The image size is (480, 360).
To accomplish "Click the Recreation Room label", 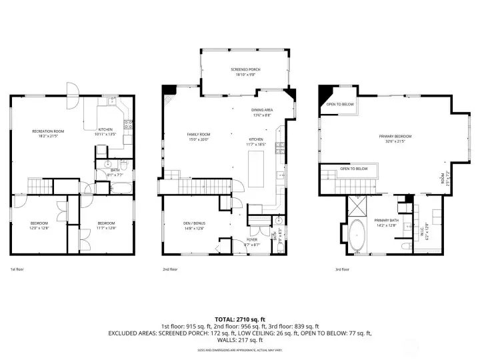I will (47, 131).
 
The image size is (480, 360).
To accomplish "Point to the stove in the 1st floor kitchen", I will (128, 124).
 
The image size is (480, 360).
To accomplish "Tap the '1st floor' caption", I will (17, 269).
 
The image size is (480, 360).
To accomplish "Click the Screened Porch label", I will (245, 69).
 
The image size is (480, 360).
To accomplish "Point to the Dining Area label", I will (261, 110).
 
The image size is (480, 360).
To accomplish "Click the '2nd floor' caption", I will (170, 269).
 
